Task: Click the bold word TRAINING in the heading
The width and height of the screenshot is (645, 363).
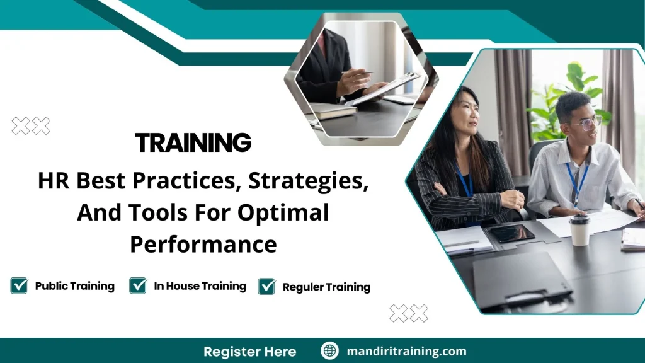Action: [193, 143]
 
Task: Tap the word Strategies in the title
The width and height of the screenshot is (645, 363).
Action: [308, 181]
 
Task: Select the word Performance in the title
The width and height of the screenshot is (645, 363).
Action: [203, 244]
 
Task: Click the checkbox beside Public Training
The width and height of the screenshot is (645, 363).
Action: [20, 286]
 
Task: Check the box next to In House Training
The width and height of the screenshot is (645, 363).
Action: [138, 286]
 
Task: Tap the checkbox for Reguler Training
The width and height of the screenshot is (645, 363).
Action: [267, 287]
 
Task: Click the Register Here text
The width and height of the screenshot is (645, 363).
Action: [249, 351]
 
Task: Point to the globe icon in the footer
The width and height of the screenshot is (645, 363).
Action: [329, 351]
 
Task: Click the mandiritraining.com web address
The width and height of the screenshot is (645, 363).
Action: [406, 351]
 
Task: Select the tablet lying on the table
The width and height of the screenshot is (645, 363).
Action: [511, 233]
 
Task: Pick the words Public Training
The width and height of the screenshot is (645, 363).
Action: [74, 286]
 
